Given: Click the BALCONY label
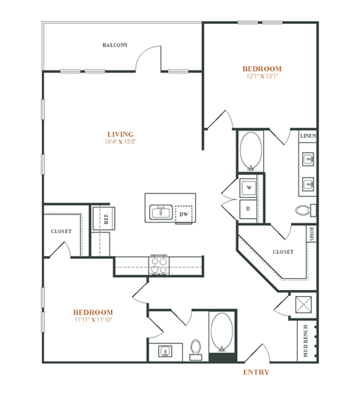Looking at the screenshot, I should pyautogui.click(x=115, y=45).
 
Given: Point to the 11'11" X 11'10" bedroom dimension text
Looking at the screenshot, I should pyautogui.click(x=93, y=320).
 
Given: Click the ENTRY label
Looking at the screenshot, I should pyautogui.click(x=256, y=372).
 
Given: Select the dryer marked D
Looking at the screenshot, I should pyautogui.click(x=248, y=208).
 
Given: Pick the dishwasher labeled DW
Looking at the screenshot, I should pyautogui.click(x=183, y=214).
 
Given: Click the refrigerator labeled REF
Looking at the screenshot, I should pyautogui.click(x=106, y=219).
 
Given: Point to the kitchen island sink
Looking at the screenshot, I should pyautogui.click(x=160, y=213).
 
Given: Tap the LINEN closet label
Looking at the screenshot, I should pyautogui.click(x=308, y=137).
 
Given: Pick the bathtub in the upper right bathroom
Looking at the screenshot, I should pyautogui.click(x=250, y=152).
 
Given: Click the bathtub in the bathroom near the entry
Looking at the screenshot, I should pyautogui.click(x=221, y=331).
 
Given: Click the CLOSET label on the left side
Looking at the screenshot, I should pyautogui.click(x=61, y=232).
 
